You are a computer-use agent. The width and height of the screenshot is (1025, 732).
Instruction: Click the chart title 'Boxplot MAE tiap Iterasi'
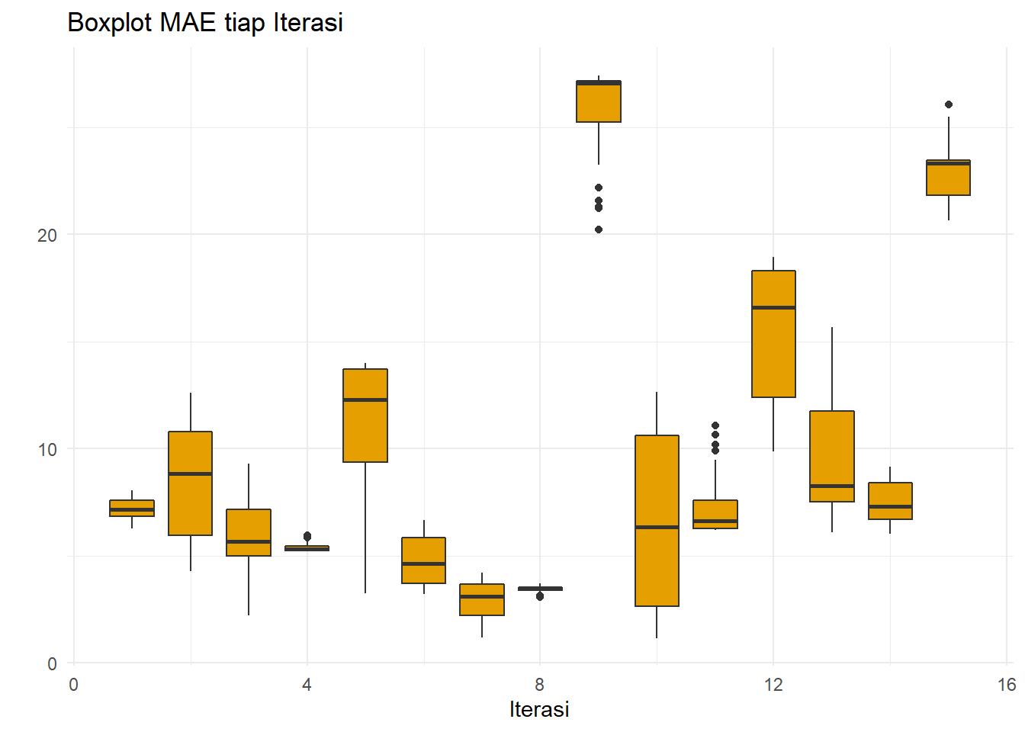pos(205,22)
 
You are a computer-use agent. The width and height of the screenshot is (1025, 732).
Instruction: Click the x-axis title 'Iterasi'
pos(539,709)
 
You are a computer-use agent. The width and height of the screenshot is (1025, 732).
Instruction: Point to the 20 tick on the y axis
pos(47,235)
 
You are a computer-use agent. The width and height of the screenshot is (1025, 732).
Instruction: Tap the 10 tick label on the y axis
pos(47,449)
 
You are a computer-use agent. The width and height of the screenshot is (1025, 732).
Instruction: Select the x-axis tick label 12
pos(773,685)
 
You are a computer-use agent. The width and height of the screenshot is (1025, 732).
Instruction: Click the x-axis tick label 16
pos(1006,685)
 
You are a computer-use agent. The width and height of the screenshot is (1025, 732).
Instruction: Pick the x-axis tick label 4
pos(307,685)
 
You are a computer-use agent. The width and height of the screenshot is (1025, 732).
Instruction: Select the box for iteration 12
pos(773,351)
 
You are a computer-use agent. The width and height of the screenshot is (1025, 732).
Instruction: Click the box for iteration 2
pos(190,503)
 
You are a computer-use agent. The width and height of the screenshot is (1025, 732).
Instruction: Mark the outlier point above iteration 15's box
pos(949,104)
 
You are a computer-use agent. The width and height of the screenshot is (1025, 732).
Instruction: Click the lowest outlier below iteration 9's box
pos(599,230)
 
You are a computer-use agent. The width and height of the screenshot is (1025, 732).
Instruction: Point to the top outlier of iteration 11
pos(715,425)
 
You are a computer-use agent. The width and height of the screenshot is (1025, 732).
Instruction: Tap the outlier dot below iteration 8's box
pos(540,596)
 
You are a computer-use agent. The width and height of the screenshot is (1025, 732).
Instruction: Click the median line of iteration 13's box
pos(832,486)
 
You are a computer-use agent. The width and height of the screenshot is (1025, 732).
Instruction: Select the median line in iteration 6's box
pos(424,563)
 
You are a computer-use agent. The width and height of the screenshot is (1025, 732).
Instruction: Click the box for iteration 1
pos(132,508)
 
